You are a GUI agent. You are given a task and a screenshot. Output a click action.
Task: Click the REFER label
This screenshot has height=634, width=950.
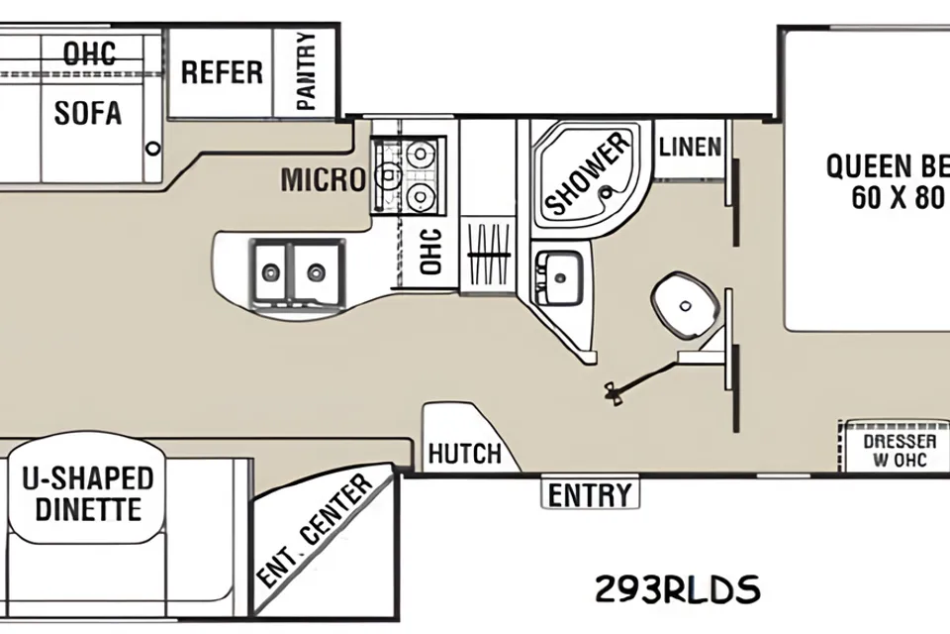[222, 72]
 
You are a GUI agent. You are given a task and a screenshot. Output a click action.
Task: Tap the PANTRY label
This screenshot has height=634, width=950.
[307, 71]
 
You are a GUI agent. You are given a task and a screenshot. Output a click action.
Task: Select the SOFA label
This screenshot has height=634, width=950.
[88, 113]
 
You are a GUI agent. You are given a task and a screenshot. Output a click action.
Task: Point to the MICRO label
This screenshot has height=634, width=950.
[324, 179]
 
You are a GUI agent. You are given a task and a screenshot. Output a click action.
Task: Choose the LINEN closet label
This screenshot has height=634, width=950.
[690, 147]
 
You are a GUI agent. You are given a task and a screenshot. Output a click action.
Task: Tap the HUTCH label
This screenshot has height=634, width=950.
[465, 454]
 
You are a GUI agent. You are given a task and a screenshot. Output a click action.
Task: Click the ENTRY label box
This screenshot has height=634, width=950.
[590, 494]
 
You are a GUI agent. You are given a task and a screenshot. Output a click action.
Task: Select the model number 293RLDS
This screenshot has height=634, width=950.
[677, 588]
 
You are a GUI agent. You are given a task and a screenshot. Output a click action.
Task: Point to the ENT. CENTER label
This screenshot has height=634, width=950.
[315, 532]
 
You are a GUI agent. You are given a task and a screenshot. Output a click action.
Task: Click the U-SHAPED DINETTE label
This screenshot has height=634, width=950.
[88, 493]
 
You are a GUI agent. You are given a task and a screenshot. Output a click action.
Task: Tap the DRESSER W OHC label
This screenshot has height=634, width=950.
[900, 451]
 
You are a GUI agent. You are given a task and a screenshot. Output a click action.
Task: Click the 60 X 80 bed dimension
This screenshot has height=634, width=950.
[898, 197]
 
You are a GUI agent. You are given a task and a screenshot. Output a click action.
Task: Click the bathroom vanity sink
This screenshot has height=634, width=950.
[558, 276]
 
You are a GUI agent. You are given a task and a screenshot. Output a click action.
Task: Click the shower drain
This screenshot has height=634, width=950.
[604, 193]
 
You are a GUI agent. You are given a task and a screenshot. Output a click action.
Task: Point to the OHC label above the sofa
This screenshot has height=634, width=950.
[90, 53]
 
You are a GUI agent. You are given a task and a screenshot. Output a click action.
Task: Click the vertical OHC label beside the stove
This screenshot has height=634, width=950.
[430, 252]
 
